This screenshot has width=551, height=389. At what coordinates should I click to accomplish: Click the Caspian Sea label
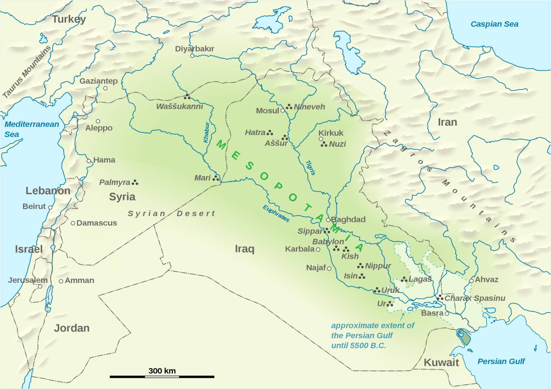[x=494, y=24]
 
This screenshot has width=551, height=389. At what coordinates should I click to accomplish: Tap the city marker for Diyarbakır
[x=192, y=56]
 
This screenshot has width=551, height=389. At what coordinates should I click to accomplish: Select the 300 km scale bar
[x=162, y=376]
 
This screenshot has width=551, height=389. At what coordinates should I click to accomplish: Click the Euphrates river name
[x=276, y=214]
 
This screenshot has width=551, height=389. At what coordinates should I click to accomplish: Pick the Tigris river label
[x=310, y=167]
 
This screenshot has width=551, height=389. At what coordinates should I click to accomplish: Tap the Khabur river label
[x=206, y=132]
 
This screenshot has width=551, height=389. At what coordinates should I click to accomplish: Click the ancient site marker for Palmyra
[x=135, y=182]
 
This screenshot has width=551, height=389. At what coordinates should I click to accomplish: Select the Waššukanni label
[x=179, y=106]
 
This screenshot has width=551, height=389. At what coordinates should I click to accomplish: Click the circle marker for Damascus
[x=73, y=223]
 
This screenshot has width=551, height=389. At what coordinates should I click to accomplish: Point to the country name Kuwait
[x=441, y=362]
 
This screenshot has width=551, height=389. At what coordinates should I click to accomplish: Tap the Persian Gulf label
[x=501, y=361]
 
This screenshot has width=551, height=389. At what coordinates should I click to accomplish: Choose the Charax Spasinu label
[x=475, y=298]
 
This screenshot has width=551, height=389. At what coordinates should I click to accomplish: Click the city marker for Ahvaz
[x=471, y=281]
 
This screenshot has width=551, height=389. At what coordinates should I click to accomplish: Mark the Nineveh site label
[x=309, y=107]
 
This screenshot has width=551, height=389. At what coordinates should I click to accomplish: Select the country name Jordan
[x=72, y=328]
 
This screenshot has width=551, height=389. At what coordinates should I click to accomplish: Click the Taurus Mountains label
[x=27, y=72]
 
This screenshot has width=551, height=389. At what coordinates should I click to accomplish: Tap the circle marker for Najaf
[x=329, y=268]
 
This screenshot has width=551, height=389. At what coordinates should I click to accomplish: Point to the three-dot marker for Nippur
[x=360, y=266]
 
